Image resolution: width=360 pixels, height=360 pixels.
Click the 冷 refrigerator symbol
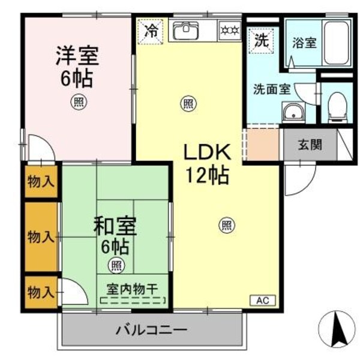tap(151, 30)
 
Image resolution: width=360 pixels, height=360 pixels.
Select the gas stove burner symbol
tap(229, 30)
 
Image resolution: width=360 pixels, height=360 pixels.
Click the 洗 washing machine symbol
tap(260, 41)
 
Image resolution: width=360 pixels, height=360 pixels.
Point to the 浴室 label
tap(303, 43)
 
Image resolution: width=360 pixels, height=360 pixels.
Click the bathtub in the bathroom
tap(338, 43)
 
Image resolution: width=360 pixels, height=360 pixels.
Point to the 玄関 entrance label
tap(310, 144)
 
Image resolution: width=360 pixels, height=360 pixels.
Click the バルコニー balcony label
tap(152, 329)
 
